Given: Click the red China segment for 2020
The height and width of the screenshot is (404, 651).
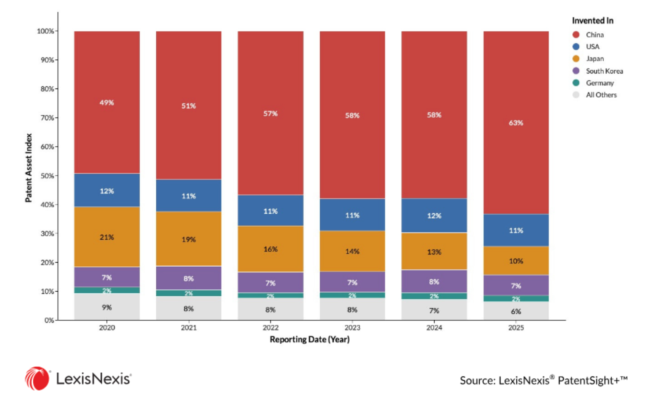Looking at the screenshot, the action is click(107, 102).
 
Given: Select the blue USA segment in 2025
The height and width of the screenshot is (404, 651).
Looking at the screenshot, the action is click(516, 230).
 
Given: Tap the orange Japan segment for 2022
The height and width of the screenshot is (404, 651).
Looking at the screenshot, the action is click(270, 249).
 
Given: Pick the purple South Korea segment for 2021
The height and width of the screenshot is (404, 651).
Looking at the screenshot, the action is click(189, 278).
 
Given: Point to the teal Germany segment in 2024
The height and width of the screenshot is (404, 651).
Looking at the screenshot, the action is click(434, 296).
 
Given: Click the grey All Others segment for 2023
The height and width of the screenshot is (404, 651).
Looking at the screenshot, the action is click(353, 309).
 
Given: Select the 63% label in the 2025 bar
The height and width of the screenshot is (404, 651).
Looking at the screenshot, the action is click(516, 123).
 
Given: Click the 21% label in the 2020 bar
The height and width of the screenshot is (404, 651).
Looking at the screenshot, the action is click(107, 237).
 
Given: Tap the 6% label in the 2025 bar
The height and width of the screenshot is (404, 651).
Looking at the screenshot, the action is click(516, 311).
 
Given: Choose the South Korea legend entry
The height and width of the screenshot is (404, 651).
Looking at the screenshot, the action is click(598, 71).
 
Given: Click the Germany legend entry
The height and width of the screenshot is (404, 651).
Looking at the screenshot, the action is click(593, 83).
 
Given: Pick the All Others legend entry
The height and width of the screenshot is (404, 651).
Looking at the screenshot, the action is click(595, 95).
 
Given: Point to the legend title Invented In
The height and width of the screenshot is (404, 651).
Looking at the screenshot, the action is click(593, 21).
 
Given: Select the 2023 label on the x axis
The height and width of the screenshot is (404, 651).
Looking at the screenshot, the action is click(353, 328).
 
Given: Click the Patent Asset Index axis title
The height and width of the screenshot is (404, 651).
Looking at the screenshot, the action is click(28, 168).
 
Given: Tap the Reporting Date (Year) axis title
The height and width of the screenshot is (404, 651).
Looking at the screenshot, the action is click(310, 339).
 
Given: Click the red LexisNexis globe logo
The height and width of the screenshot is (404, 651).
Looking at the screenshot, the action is click(37, 379).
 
